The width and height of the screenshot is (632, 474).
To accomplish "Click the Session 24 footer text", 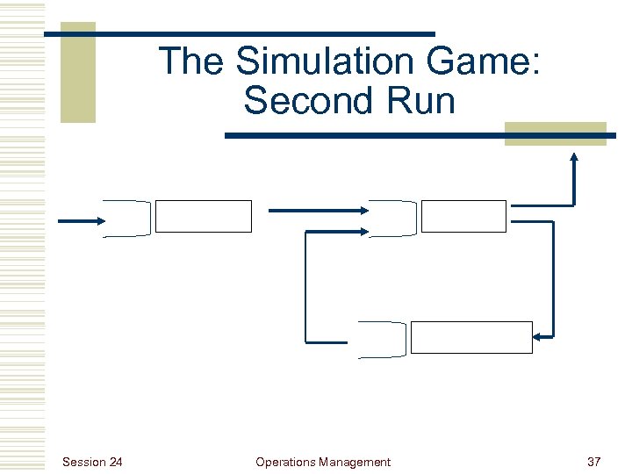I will click(93, 462).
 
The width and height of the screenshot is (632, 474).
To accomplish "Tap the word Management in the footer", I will click(355, 462).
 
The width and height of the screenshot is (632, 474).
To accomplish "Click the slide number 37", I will click(592, 462).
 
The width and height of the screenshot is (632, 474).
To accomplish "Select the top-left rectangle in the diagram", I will click(203, 216).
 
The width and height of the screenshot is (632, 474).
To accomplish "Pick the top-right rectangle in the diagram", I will click(463, 216).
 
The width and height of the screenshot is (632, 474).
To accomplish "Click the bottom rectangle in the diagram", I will click(471, 337).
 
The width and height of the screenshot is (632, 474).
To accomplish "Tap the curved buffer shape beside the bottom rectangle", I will click(383, 338).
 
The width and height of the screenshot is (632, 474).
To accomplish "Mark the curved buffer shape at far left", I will click(126, 219).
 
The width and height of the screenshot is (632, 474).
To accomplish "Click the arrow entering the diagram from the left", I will click(80, 220).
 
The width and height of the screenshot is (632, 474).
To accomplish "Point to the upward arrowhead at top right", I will click(574, 159).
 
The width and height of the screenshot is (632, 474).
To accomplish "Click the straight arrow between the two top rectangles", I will click(317, 210).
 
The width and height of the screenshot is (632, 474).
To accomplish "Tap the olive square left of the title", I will click(77, 73).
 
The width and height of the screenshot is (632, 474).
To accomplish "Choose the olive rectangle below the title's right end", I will click(555, 133).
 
